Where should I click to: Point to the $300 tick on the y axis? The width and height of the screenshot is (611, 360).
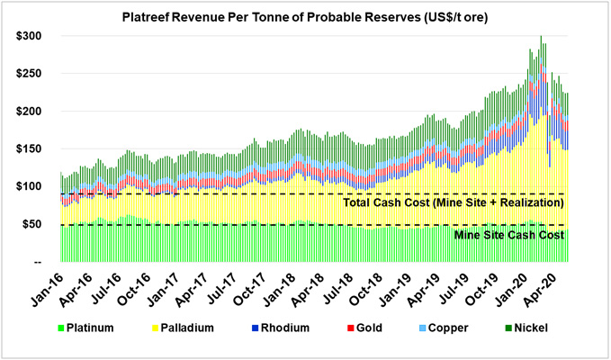click(x=31, y=36)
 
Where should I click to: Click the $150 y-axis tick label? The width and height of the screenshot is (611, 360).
click(x=31, y=149)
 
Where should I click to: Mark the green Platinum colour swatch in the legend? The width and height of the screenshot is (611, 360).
click(x=60, y=330)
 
